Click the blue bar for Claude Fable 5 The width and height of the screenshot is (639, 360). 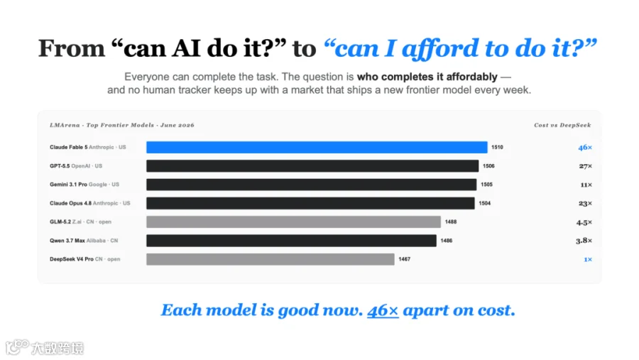point(317,147)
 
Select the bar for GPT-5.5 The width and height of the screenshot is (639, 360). point(312,166)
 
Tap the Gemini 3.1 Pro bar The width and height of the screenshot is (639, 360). point(312,185)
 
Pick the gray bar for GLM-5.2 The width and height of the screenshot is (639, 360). point(293,222)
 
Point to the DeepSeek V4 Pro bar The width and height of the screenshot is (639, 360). point(271,259)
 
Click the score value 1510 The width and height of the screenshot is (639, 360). point(497,147)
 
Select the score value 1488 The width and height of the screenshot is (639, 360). point(451,222)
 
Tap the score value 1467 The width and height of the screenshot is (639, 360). point(404,259)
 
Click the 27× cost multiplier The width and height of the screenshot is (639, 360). point(585,166)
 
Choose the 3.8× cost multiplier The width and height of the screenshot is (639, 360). point(584,241)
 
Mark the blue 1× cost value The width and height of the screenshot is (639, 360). point(588,259)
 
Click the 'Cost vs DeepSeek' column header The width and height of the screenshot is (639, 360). point(562,125)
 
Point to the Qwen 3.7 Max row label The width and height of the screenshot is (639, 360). point(84,241)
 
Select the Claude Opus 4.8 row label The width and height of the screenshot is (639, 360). point(89,203)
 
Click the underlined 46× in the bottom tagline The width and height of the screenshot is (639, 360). point(383,310)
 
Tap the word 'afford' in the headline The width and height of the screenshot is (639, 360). point(440,48)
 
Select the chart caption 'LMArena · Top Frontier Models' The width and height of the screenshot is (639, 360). point(102,125)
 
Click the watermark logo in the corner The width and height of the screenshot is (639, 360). point(18,347)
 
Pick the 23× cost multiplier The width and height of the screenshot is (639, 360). point(585,204)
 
